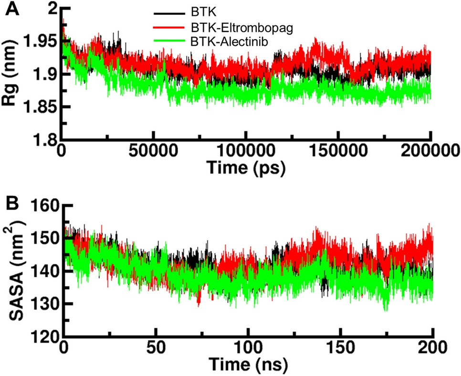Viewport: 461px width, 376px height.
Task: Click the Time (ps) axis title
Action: (x=247, y=167)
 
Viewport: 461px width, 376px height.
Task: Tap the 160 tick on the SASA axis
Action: (x=45, y=206)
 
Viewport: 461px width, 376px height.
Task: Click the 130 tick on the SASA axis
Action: (x=45, y=304)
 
